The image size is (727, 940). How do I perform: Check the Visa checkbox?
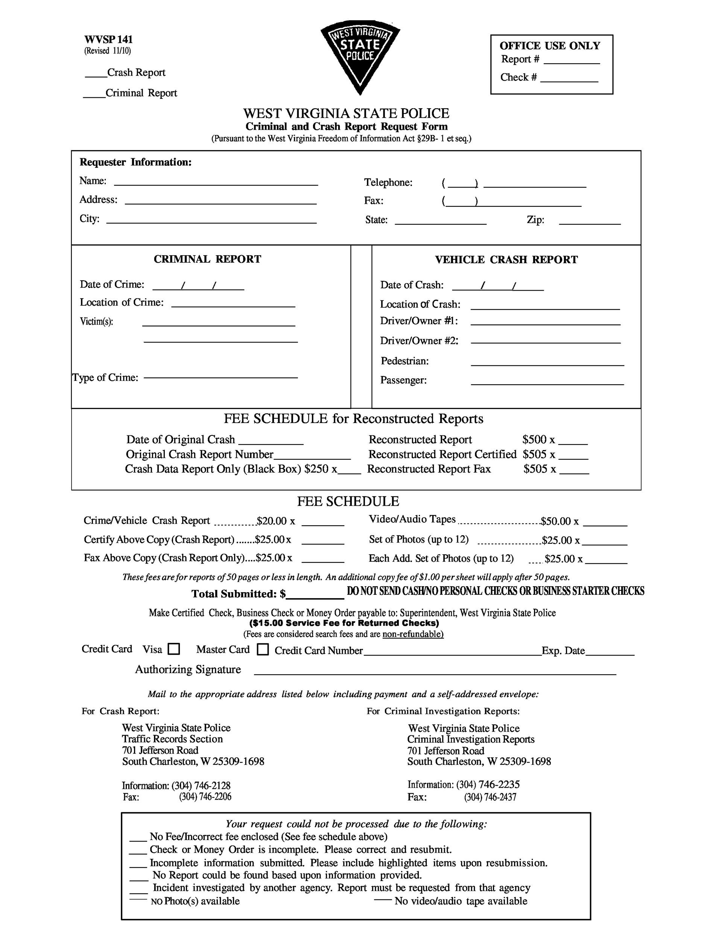(173, 649)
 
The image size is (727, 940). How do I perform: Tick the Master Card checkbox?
(263, 649)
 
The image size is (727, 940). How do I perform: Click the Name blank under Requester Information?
(216, 182)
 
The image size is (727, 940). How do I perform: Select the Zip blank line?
(590, 222)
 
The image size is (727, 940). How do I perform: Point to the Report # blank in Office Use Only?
(572, 61)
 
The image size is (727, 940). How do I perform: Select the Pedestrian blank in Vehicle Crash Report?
(547, 362)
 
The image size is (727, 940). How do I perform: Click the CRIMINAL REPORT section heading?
(207, 259)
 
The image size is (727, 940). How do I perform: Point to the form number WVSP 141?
(108, 39)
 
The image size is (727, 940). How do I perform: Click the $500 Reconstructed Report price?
(534, 440)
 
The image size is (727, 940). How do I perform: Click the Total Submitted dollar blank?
(315, 594)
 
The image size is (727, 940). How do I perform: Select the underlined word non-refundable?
(412, 634)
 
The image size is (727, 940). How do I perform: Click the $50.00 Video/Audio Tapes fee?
(555, 522)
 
